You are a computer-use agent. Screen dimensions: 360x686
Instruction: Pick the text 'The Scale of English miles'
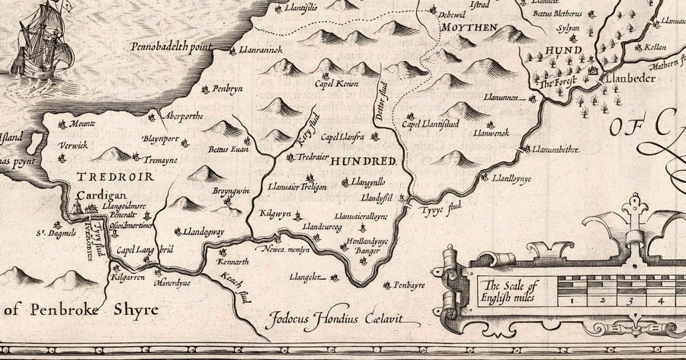508,292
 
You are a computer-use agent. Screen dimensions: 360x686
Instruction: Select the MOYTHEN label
471,28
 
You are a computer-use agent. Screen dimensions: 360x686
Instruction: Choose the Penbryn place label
227,89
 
